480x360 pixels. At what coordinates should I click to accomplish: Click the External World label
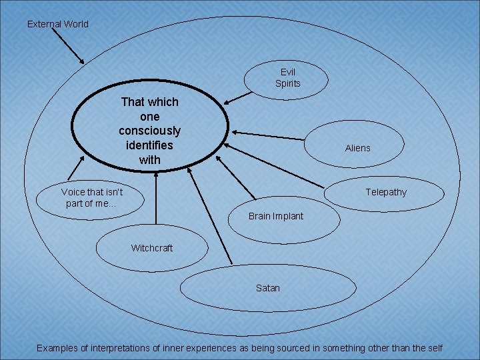pyautogui.click(x=57, y=24)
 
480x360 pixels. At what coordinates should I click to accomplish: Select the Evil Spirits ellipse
pyautogui.click(x=287, y=77)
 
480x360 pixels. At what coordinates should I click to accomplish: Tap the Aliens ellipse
pyautogui.click(x=357, y=147)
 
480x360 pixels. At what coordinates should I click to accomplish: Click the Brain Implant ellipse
pyautogui.click(x=275, y=216)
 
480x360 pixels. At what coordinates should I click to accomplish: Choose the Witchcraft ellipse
pyautogui.click(x=151, y=248)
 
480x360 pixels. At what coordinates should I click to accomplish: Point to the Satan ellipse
pyautogui.click(x=267, y=288)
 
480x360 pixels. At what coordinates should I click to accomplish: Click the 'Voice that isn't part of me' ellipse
pyautogui.click(x=91, y=197)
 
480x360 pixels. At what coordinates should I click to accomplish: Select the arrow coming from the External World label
pyautogui.click(x=67, y=46)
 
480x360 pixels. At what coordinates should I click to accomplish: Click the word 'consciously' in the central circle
pyautogui.click(x=149, y=131)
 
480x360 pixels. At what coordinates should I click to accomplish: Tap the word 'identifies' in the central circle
pyautogui.click(x=149, y=145)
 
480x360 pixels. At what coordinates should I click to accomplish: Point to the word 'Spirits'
pyautogui.click(x=288, y=83)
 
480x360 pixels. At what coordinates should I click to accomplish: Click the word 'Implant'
pyautogui.click(x=288, y=216)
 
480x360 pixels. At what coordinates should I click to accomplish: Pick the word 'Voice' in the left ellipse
pyautogui.click(x=73, y=192)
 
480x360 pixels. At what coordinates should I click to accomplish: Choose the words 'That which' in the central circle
pyautogui.click(x=149, y=102)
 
